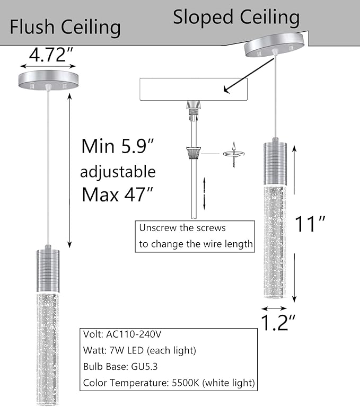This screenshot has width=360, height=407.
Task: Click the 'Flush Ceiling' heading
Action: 65,26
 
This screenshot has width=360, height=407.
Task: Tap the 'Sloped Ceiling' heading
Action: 236,17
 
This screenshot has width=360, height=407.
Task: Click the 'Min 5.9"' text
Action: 117,146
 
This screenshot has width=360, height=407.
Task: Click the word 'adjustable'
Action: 118,171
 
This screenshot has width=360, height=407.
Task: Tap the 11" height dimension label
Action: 310,225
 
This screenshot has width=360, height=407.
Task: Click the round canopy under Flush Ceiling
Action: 48,80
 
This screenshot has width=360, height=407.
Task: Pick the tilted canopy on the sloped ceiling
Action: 275,46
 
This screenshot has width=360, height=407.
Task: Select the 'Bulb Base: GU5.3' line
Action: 120,366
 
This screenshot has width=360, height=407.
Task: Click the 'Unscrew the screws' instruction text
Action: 182,228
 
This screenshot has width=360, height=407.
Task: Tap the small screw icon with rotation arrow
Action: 233,155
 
